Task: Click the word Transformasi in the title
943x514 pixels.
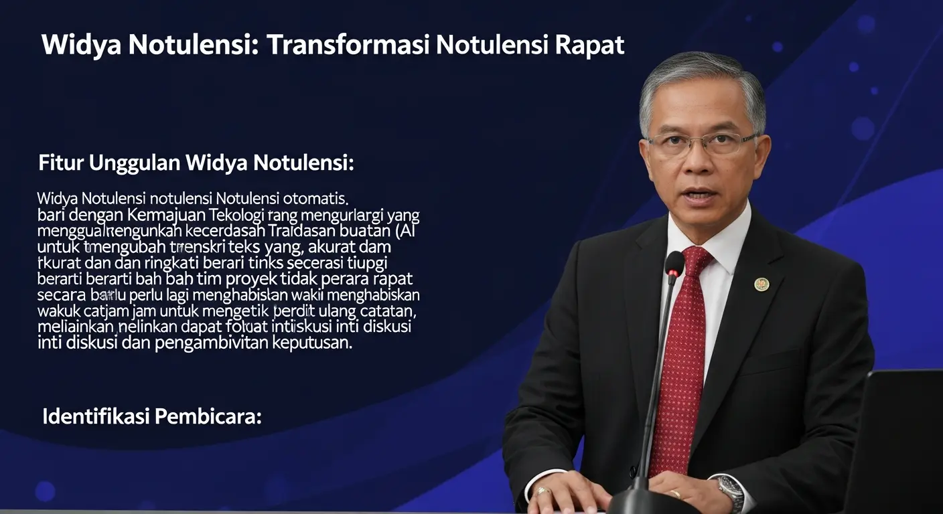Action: tap(348, 45)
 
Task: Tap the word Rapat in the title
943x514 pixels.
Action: tap(589, 45)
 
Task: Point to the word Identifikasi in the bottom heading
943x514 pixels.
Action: tap(96, 416)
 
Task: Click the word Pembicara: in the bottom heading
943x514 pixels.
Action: tap(208, 416)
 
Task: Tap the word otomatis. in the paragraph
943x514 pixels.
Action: tap(315, 198)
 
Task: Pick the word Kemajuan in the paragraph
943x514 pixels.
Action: tap(168, 216)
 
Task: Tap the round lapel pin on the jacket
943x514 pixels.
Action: tap(761, 284)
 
